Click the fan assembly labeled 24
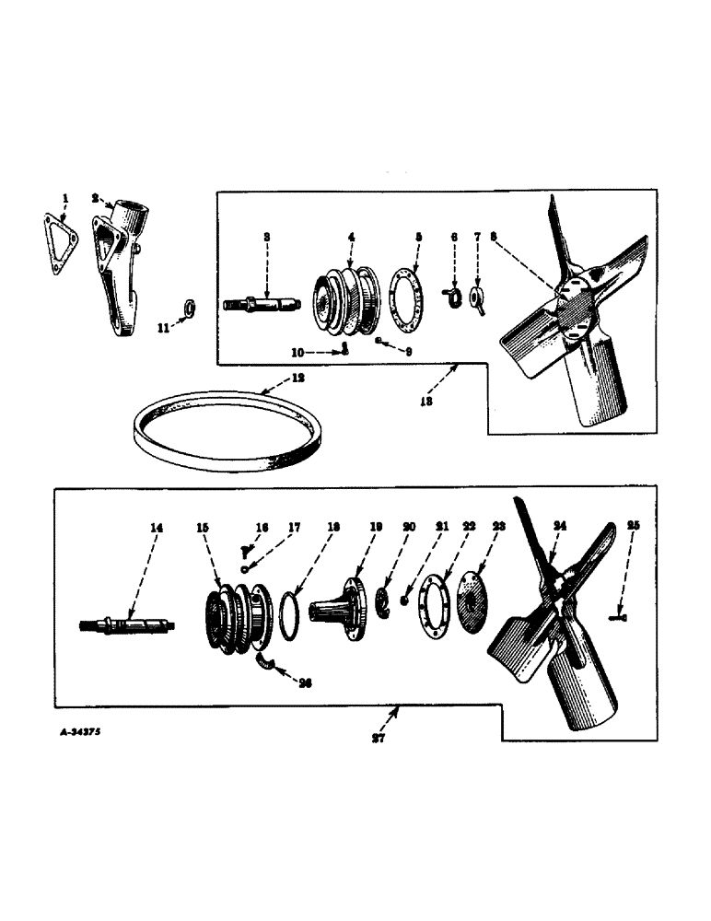pos(553,626)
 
